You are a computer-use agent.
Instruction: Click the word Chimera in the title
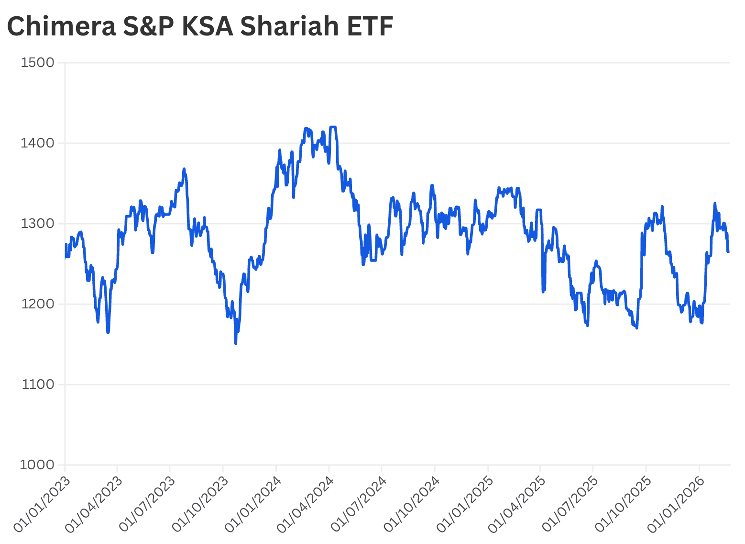pyautogui.click(x=62, y=26)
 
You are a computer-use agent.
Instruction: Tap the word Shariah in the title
pyautogui.click(x=289, y=26)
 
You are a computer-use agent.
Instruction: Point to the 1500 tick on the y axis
pyautogui.click(x=38, y=63)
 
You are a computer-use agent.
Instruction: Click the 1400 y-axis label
pyautogui.click(x=38, y=143)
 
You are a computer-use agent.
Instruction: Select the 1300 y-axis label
pyautogui.click(x=38, y=224)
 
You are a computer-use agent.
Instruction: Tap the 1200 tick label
pyautogui.click(x=38, y=304)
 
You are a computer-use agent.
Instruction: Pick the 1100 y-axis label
pyautogui.click(x=38, y=385)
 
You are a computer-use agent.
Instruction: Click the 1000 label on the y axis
pyautogui.click(x=37, y=465)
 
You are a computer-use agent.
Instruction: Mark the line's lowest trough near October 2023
pyautogui.click(x=236, y=343)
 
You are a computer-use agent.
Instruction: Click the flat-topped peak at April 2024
pyautogui.click(x=333, y=127)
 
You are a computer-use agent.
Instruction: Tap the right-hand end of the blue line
pyautogui.click(x=728, y=251)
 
